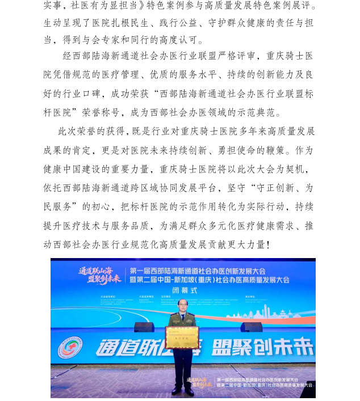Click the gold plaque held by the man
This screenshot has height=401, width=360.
click(182, 337)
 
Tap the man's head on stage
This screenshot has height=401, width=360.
click(182, 305)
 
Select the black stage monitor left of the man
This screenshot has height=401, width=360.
click(144, 327)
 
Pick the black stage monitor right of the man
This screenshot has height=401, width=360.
click(251, 327)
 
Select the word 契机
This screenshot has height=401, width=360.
click(300, 169)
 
